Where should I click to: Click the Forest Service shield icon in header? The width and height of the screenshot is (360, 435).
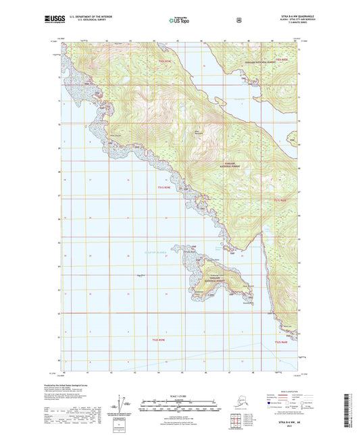[x=238, y=21]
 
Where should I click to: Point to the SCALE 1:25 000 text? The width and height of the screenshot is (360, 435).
[x=179, y=395]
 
